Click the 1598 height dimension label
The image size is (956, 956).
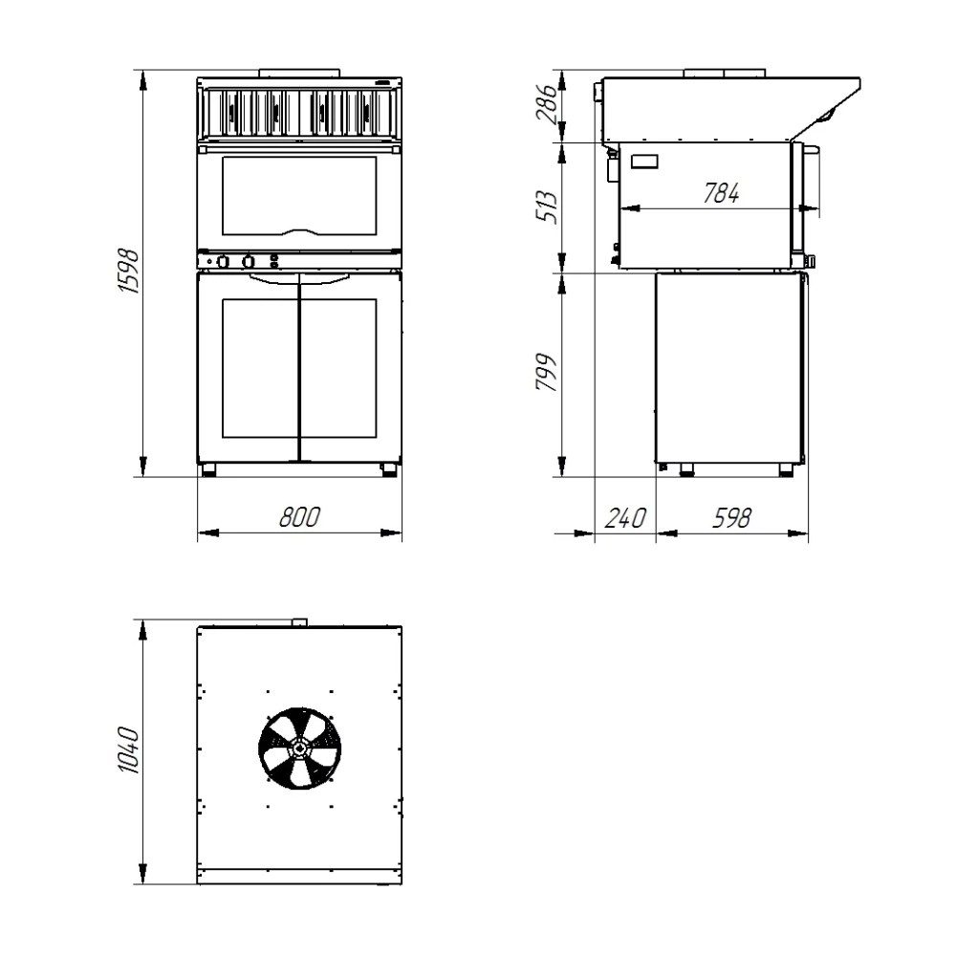[129, 271]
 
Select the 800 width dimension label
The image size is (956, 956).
[299, 517]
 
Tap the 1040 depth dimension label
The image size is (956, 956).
[129, 750]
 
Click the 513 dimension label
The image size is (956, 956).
[546, 207]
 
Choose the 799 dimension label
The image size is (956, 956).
[546, 373]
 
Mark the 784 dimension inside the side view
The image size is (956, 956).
[721, 193]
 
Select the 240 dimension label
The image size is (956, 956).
[625, 518]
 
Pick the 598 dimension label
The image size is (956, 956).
[731, 518]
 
